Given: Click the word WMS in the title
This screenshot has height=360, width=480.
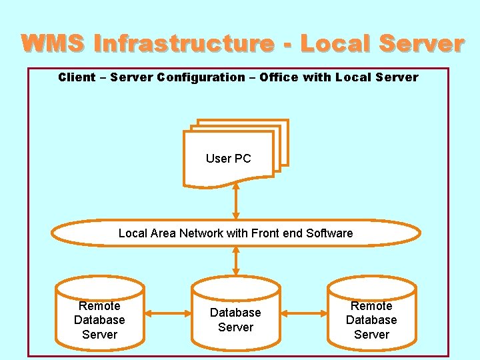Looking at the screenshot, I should click(53, 44).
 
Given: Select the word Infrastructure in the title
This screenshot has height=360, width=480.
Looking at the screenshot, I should click(183, 44).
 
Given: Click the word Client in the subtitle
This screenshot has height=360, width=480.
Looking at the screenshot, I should click(77, 77).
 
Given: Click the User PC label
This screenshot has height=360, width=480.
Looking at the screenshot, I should click(228, 159).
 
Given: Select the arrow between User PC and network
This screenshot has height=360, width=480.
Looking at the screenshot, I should click(236, 200).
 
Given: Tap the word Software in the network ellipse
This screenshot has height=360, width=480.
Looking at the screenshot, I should click(329, 233).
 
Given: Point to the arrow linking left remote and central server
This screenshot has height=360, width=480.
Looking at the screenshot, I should click(168, 313).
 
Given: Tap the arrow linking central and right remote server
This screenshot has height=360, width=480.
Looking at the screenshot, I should click(304, 313).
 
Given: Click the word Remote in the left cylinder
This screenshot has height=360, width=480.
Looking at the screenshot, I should click(99, 306).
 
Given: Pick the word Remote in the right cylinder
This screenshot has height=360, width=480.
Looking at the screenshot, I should click(371, 306).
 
